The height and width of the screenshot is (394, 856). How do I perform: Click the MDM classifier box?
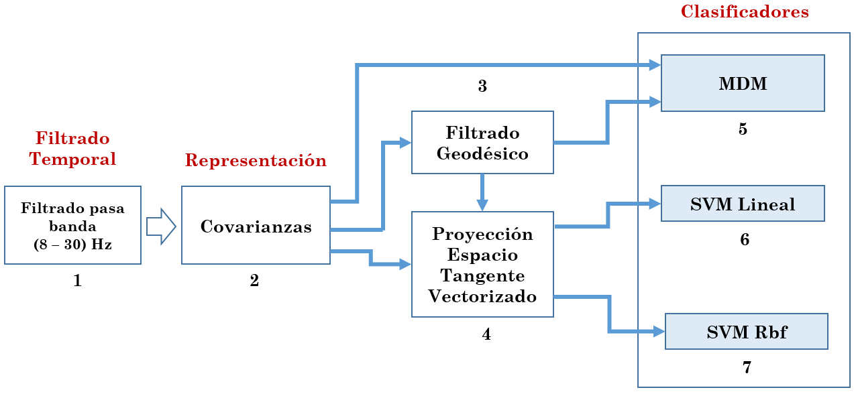743,83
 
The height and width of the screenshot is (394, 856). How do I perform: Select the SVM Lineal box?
743,204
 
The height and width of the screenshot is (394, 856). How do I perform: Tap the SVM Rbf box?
746,331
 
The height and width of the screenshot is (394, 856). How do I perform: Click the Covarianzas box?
256,225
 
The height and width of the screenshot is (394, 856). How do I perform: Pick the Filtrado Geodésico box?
482,142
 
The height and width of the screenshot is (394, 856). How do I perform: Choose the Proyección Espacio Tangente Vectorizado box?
482,265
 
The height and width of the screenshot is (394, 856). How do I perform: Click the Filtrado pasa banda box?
72,225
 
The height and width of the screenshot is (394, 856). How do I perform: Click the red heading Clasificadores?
745,11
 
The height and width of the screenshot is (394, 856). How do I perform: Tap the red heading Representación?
256,161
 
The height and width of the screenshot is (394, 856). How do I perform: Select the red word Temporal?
72,159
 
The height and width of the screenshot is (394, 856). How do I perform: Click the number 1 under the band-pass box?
77,281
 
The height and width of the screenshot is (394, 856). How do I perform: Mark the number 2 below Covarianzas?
254,281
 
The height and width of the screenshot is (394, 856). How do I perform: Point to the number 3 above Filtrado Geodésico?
482,86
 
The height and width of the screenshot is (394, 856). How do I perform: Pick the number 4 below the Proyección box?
486,334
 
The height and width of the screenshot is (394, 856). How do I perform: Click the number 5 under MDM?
743,129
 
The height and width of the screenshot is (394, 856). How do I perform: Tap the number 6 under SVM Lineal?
745,239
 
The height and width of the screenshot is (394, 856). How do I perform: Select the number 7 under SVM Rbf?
747,367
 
